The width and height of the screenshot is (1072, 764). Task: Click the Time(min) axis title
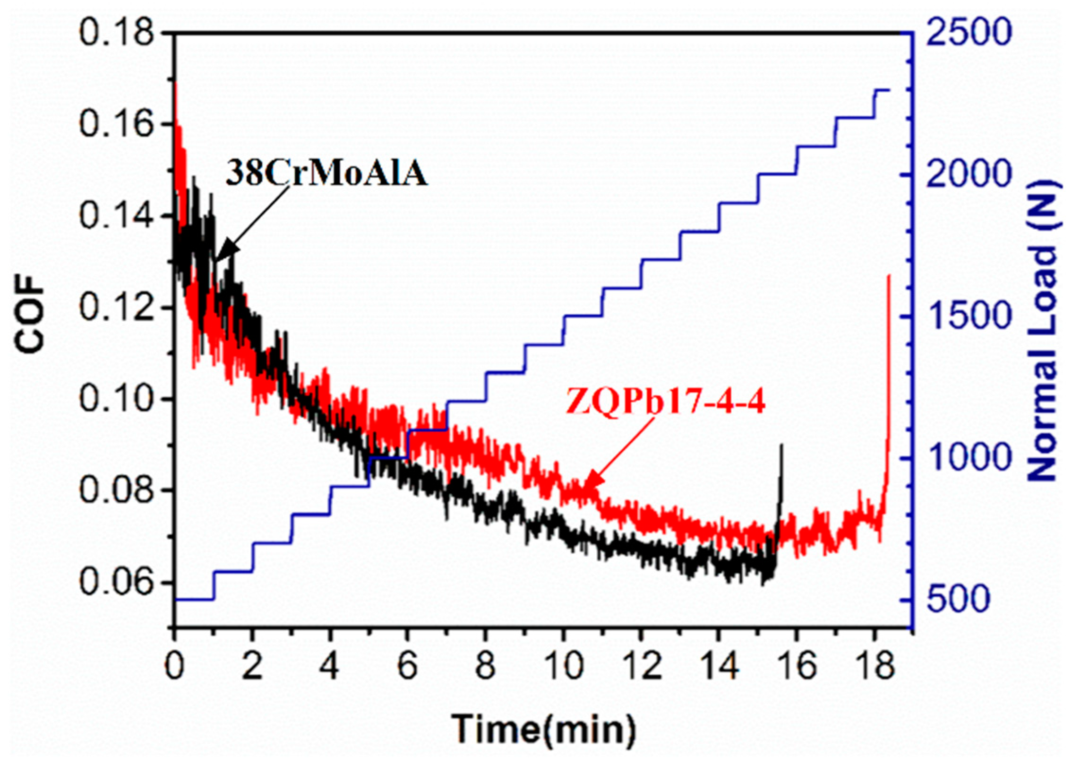(x=543, y=728)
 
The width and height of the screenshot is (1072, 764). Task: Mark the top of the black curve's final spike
(x=781, y=445)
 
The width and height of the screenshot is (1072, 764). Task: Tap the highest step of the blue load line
(x=882, y=89)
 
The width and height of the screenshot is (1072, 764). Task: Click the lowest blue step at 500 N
(x=194, y=600)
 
